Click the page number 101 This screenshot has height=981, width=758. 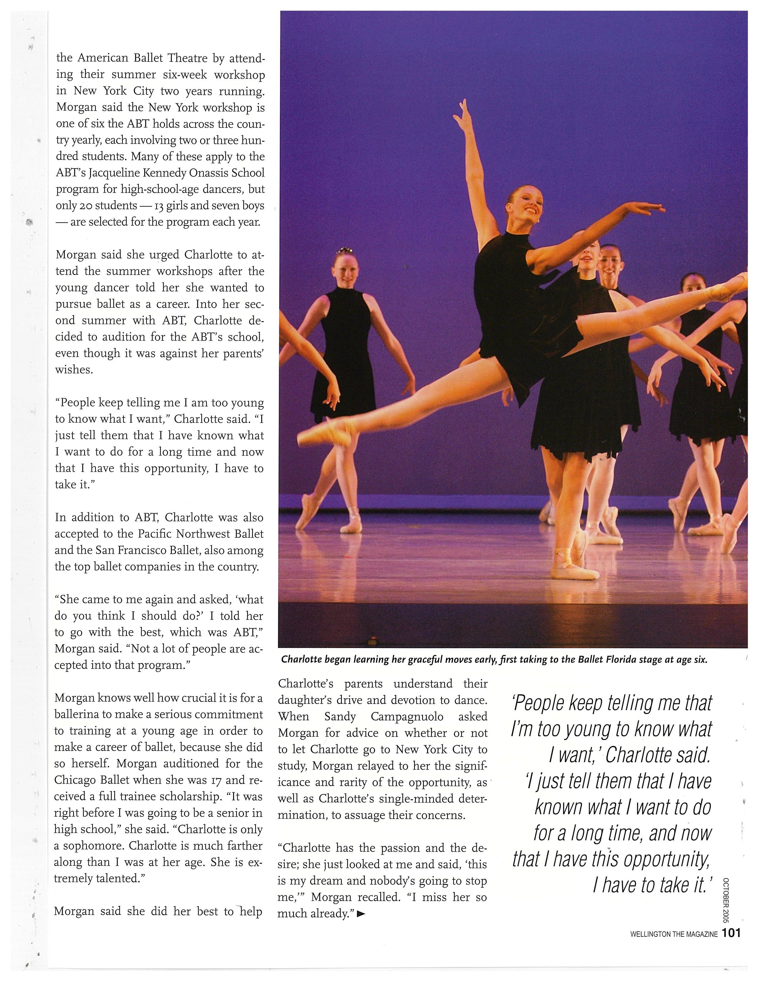click(731, 933)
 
